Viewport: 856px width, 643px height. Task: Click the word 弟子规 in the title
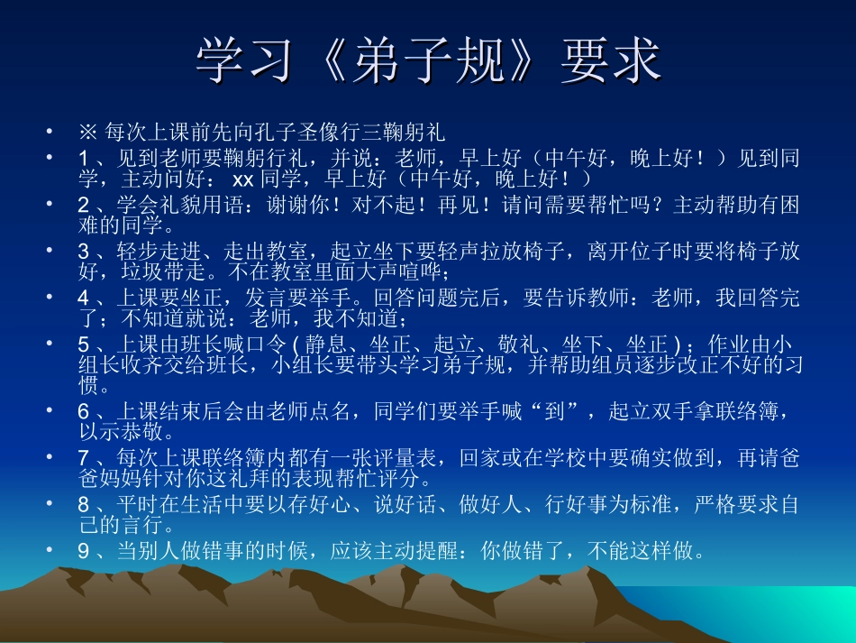pyautogui.click(x=430, y=60)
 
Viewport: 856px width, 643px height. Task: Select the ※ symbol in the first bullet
pyautogui.click(x=88, y=132)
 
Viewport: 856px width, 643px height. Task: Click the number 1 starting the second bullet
pyautogui.click(x=84, y=159)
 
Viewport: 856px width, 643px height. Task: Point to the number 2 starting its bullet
pyautogui.click(x=84, y=205)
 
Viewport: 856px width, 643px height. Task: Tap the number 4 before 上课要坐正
pyautogui.click(x=84, y=298)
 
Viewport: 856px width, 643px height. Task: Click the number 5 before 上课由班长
pyautogui.click(x=84, y=344)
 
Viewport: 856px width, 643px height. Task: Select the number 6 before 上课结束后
pyautogui.click(x=84, y=412)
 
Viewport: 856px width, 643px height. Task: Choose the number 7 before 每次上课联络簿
pyautogui.click(x=84, y=458)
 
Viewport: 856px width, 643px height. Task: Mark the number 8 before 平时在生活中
pyautogui.click(x=84, y=505)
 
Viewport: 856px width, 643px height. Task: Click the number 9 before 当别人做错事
pyautogui.click(x=84, y=551)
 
